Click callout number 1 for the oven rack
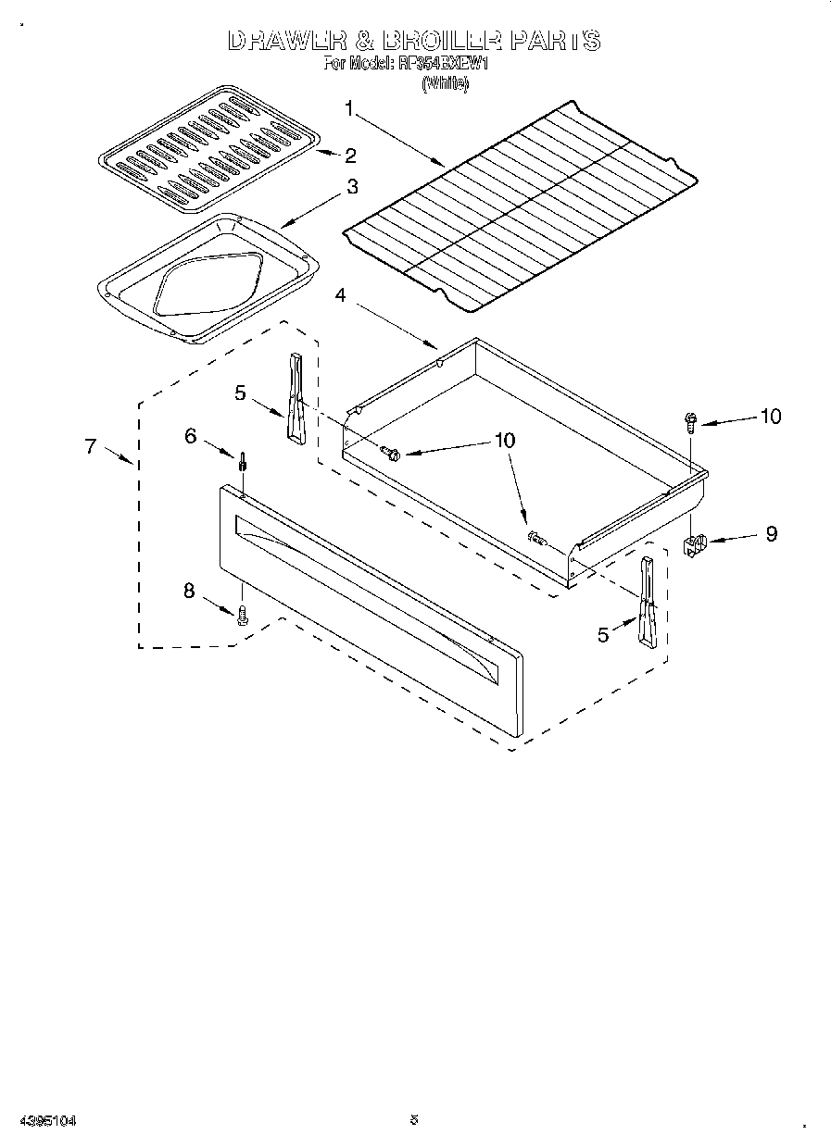[x=349, y=108]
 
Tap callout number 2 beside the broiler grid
[x=350, y=155]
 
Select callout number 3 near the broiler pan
[x=351, y=186]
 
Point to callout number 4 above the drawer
[x=341, y=295]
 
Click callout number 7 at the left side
[x=90, y=446]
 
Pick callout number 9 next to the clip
[x=771, y=534]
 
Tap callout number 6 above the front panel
[x=191, y=435]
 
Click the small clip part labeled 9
[x=696, y=543]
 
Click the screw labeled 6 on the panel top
[x=243, y=460]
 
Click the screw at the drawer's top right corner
[x=690, y=421]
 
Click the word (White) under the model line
[x=446, y=83]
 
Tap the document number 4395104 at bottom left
[x=46, y=1121]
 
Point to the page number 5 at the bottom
[x=414, y=1120]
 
